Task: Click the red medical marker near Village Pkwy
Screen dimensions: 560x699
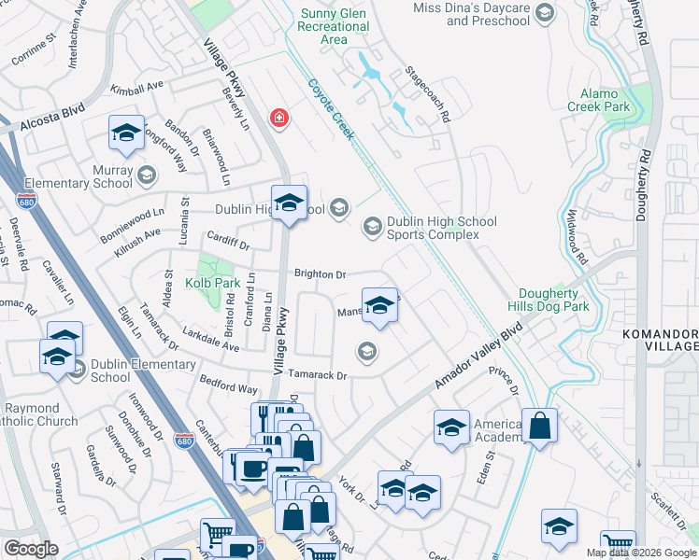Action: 278,119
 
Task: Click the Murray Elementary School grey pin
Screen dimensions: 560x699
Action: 146,175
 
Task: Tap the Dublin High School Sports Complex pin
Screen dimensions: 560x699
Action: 372,226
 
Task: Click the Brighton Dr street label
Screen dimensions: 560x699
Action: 321,274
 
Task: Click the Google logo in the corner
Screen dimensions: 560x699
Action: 31,549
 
